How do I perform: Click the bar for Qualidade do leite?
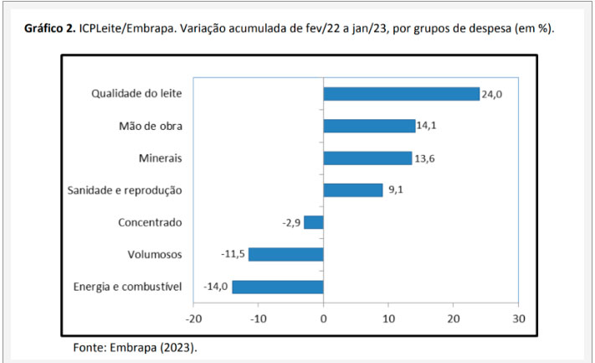[402, 94]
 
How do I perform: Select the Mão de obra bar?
[370, 126]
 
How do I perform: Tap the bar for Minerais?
[367, 158]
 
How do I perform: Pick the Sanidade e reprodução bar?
[353, 190]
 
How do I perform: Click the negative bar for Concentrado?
[314, 222]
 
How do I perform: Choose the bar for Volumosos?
[286, 254]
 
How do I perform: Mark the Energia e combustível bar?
[278, 287]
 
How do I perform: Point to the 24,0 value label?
[492, 94]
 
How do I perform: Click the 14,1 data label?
[427, 126]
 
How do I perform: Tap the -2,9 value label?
[291, 223]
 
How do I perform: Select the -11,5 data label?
[233, 253]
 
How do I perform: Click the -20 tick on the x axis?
[193, 319]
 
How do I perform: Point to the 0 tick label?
[323, 319]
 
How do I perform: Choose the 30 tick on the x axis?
[519, 319]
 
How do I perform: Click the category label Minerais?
[160, 158]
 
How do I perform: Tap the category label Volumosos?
[155, 254]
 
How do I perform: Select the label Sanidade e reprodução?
[125, 190]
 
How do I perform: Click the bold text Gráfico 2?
[50, 29]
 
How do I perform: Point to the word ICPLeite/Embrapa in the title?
[126, 29]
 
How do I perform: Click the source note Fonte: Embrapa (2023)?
[135, 348]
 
